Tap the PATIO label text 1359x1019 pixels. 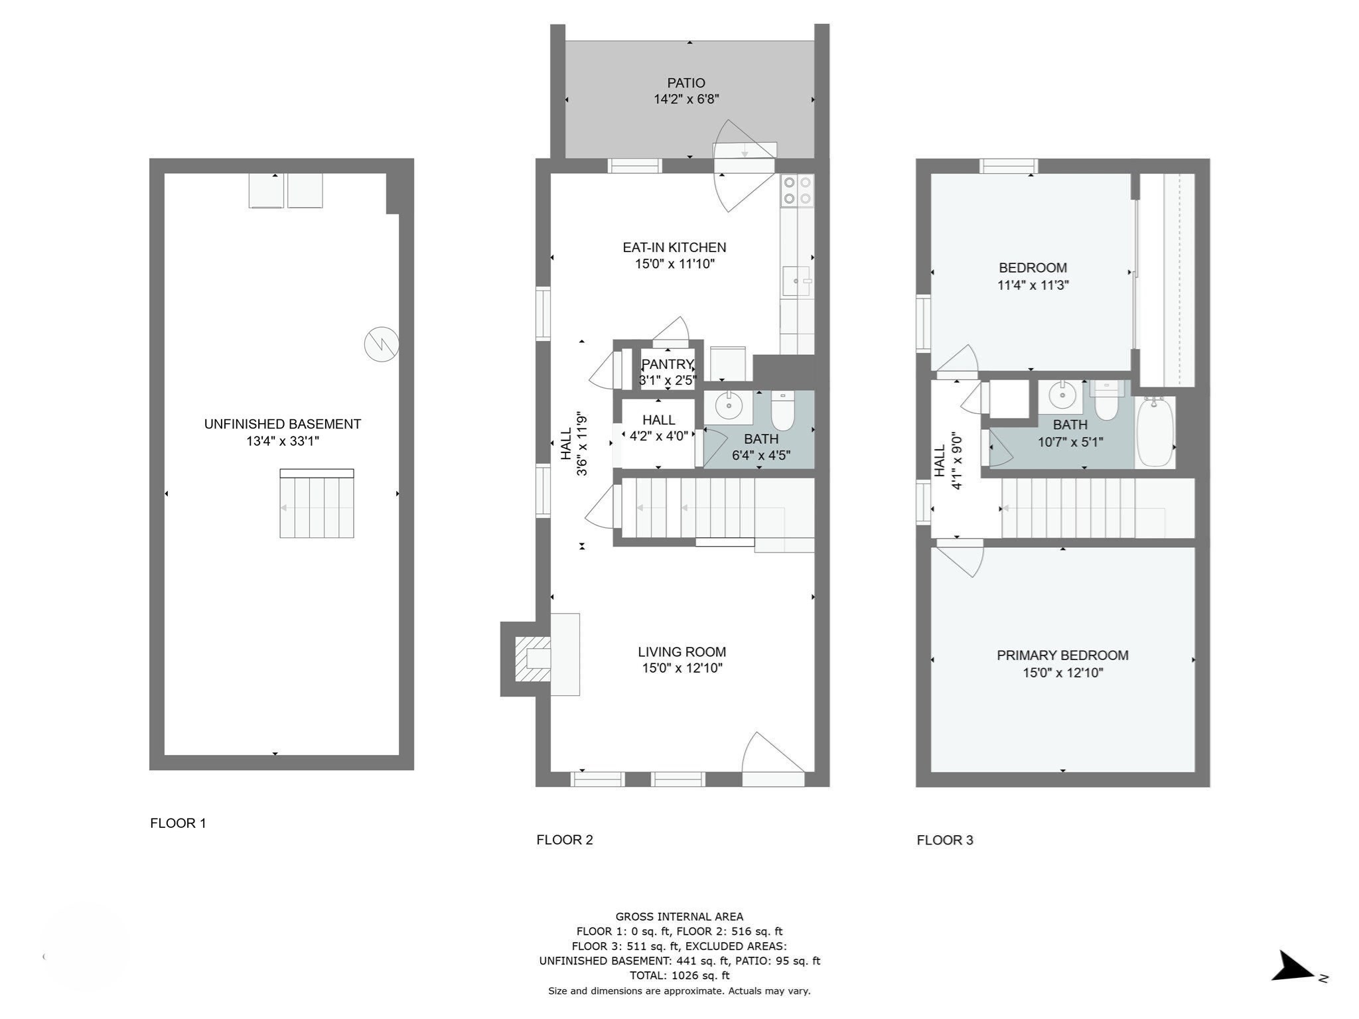(x=686, y=83)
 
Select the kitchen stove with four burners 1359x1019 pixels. (x=797, y=190)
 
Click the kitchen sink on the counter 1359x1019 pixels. (x=796, y=281)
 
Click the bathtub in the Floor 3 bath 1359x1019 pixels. (x=1155, y=432)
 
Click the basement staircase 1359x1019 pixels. (x=317, y=504)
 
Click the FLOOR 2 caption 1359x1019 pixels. (x=564, y=840)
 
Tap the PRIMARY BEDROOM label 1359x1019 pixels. (x=1062, y=655)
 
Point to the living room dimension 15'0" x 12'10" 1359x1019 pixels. (x=681, y=668)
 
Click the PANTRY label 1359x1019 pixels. (x=667, y=364)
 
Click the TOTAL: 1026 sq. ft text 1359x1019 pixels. (x=679, y=975)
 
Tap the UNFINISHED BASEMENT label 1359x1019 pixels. (x=282, y=424)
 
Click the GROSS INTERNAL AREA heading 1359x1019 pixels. (x=679, y=917)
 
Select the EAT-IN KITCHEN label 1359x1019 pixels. (x=674, y=247)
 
